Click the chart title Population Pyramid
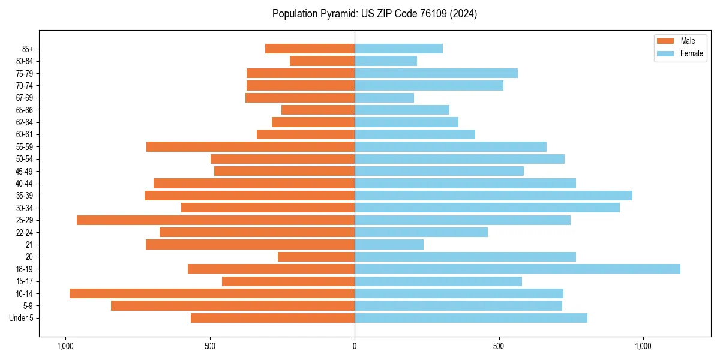tap(374, 14)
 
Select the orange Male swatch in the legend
tap(665, 41)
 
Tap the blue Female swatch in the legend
tap(665, 53)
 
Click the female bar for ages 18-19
tap(517, 269)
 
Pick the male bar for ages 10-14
tap(212, 293)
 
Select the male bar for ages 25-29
tap(215, 220)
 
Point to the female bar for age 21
tap(389, 244)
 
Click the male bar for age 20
tap(316, 257)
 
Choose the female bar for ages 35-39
tap(493, 196)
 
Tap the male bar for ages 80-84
tap(322, 61)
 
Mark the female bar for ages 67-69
tap(384, 98)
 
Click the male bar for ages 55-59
tap(250, 146)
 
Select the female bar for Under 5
tap(471, 318)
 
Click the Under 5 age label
tap(21, 318)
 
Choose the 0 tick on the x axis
tap(355, 346)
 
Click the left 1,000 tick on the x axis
tap(65, 346)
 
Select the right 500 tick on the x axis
tap(499, 346)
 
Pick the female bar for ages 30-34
tap(487, 208)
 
